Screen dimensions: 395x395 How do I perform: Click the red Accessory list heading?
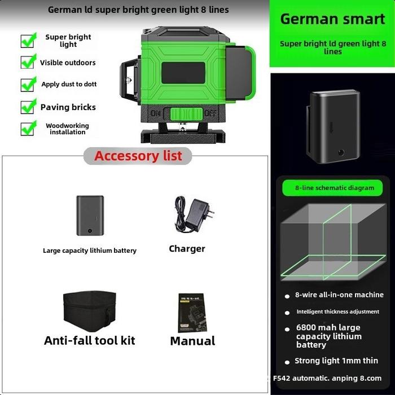pyautogui.click(x=138, y=156)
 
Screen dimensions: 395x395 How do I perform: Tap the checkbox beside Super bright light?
pyautogui.click(x=28, y=41)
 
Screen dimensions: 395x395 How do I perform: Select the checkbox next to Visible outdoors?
pyautogui.click(x=28, y=62)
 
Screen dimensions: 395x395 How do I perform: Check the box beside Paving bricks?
pyautogui.click(x=28, y=107)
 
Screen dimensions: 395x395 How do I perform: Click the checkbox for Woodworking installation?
pyautogui.click(x=28, y=128)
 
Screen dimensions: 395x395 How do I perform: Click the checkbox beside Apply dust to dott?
pyautogui.click(x=28, y=85)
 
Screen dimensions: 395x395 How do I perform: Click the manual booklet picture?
pyautogui.click(x=192, y=312)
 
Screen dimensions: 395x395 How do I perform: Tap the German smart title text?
pyautogui.click(x=332, y=19)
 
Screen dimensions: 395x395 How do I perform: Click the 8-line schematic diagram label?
pyautogui.click(x=334, y=188)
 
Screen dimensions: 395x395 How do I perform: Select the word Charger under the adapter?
pyautogui.click(x=187, y=249)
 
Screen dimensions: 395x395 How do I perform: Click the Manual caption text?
pyautogui.click(x=192, y=341)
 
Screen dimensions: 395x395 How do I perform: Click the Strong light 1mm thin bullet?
pyautogui.click(x=336, y=361)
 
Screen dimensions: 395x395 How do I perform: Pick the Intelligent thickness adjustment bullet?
pyautogui.click(x=337, y=311)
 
